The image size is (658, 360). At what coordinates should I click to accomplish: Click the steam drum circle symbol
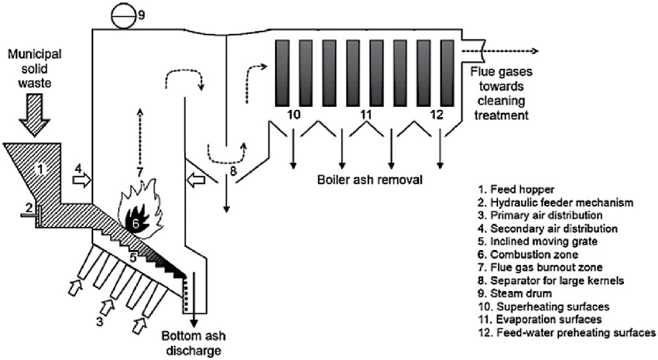(122, 13)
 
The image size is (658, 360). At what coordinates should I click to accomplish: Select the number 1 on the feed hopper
(44, 166)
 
